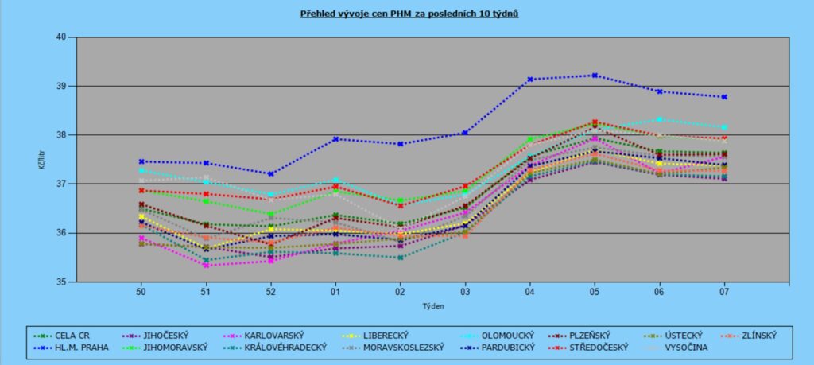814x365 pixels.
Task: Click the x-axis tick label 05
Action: tap(595, 293)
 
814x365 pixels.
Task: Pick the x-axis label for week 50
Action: tap(141, 293)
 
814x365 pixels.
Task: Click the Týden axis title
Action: tap(432, 305)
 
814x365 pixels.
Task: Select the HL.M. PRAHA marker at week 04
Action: tap(529, 80)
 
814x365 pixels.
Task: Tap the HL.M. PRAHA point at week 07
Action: tap(724, 97)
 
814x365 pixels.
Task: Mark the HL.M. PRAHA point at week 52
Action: tap(270, 173)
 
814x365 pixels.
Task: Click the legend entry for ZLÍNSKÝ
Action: tap(754, 335)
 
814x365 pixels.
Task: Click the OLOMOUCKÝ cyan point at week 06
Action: tap(659, 119)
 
